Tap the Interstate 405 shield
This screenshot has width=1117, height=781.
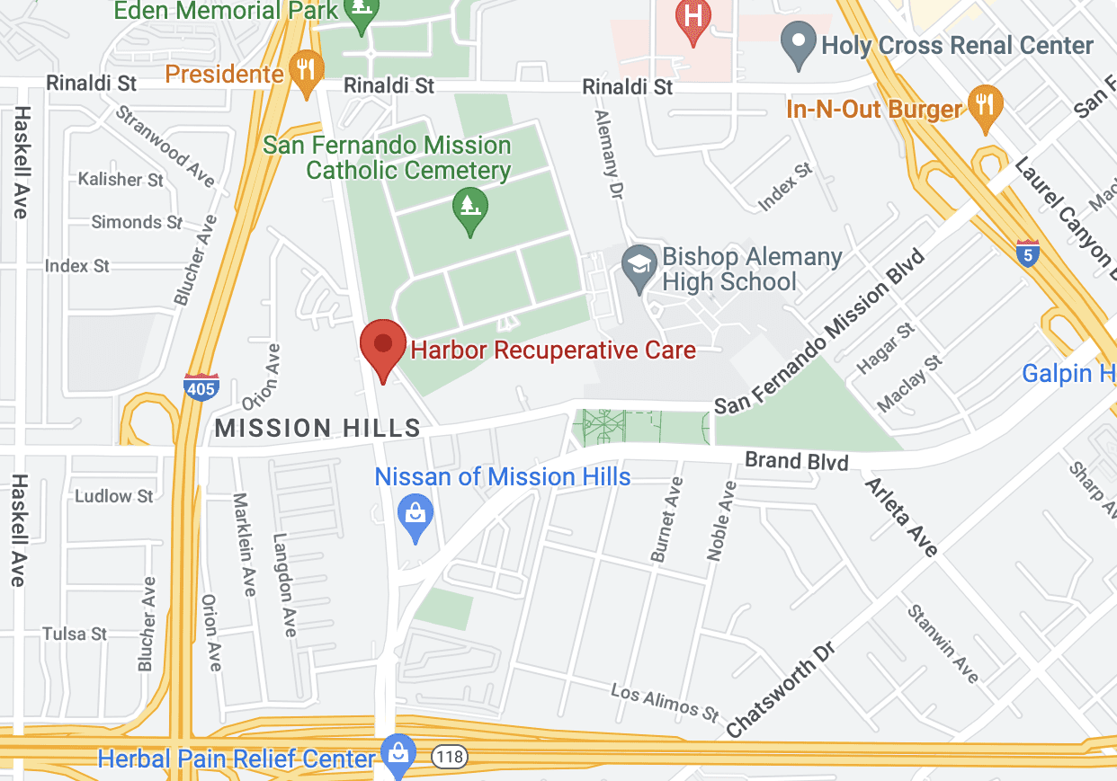pos(200,386)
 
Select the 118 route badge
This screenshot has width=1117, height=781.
pos(449,757)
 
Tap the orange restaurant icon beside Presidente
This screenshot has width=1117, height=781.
pos(307,72)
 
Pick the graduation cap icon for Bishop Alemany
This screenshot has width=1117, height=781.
pos(639,267)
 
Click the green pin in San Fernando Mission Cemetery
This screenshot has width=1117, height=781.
pos(469,209)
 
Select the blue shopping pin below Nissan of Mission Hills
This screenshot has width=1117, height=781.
pos(416,517)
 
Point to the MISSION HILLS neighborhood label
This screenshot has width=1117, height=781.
pos(318,428)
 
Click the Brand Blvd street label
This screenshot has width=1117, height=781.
pos(796,462)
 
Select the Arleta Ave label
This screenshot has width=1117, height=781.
pos(901,517)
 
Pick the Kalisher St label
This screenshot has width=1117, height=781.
pos(121,180)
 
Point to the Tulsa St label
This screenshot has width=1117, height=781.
pos(75,634)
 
